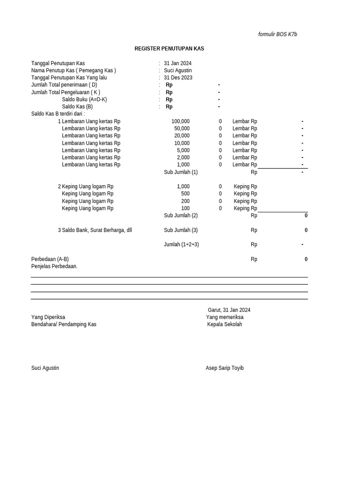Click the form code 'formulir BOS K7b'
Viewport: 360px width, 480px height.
[277, 34]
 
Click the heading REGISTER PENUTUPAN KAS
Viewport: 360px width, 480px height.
[169, 49]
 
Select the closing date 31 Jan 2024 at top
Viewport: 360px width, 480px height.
[178, 63]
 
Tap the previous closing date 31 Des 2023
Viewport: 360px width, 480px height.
[178, 78]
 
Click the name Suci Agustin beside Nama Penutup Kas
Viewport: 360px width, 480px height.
[178, 70]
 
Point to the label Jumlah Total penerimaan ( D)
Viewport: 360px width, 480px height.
[64, 85]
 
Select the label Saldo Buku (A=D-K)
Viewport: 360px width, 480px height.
[84, 99]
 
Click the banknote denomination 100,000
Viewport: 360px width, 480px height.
[180, 121]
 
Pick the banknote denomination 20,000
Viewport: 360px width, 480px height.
[182, 136]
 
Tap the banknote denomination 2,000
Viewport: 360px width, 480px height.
[183, 157]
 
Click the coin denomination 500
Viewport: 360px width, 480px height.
[185, 194]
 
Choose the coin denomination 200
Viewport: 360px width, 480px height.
[185, 201]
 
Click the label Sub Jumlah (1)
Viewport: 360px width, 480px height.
[180, 172]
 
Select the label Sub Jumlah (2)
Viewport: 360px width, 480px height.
[180, 216]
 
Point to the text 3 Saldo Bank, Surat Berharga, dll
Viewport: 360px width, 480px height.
[95, 230]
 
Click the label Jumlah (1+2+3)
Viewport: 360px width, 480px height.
[181, 244]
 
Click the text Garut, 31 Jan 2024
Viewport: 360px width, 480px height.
[229, 310]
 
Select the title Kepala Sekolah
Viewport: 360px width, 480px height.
[225, 324]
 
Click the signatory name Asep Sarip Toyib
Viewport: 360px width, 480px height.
[225, 368]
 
